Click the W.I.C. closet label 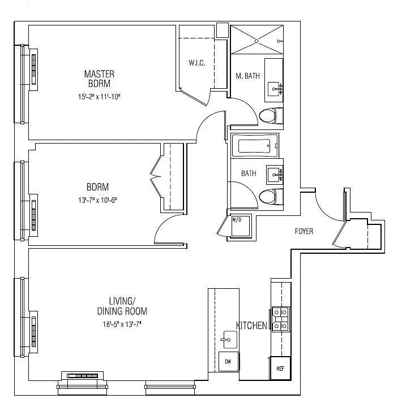(197, 63)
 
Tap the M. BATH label (247, 76)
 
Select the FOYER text (304, 231)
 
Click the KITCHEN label (251, 326)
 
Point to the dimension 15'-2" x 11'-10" (99, 97)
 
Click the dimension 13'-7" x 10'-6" (97, 200)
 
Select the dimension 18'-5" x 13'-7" (122, 324)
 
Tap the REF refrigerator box (280, 369)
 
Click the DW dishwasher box (229, 361)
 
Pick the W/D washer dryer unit (241, 226)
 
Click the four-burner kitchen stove (280, 319)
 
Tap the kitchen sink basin (230, 340)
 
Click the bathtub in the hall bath (255, 146)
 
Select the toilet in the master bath (271, 116)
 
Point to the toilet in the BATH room (271, 197)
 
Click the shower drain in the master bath (256, 41)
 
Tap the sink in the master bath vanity (274, 89)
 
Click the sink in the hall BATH (274, 175)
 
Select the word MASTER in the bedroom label (99, 74)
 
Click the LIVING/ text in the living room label (122, 301)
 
